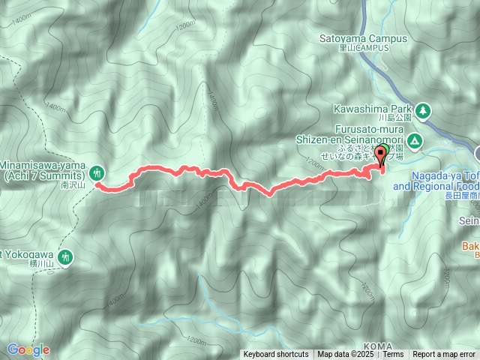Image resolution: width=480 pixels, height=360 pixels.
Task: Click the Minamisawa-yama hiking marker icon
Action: (x=98, y=169)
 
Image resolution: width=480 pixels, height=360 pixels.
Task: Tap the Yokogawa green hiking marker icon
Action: (x=65, y=256)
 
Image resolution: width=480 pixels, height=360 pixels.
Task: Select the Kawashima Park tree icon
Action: (x=424, y=110)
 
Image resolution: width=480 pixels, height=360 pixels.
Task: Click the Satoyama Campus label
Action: (x=362, y=38)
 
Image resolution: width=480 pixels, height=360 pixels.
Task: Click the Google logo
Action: (x=28, y=349)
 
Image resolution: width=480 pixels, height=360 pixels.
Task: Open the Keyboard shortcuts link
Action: (x=275, y=355)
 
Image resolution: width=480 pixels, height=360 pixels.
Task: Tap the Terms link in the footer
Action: (x=394, y=355)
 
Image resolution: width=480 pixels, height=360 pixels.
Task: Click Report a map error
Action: (x=444, y=355)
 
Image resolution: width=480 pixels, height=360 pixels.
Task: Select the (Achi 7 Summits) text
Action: (x=45, y=175)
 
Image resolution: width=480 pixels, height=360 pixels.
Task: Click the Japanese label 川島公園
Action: (x=394, y=118)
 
